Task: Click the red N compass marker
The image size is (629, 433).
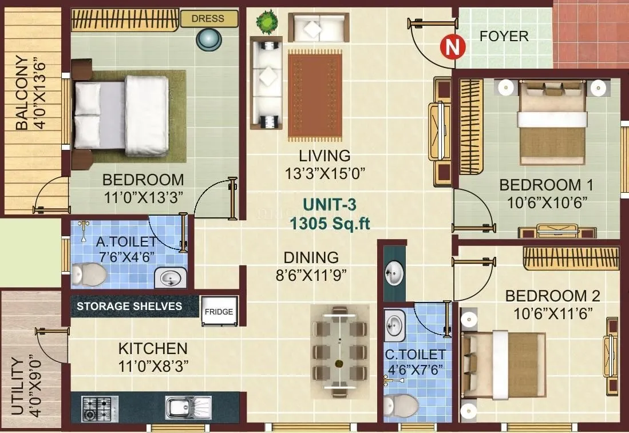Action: (452, 47)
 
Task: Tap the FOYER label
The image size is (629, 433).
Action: (504, 37)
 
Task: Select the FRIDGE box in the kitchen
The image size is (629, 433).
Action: (219, 312)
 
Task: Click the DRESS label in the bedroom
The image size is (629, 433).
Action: (208, 19)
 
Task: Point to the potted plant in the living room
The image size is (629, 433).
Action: (266, 22)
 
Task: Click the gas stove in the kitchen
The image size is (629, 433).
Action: (100, 408)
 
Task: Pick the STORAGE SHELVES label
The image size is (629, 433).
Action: (129, 306)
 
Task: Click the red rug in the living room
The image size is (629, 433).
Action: (314, 96)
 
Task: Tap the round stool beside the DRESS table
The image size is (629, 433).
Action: (210, 39)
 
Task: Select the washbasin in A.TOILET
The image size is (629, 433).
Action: (170, 278)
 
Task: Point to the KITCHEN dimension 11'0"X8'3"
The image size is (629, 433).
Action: (152, 364)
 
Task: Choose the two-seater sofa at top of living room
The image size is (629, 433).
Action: (318, 27)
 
